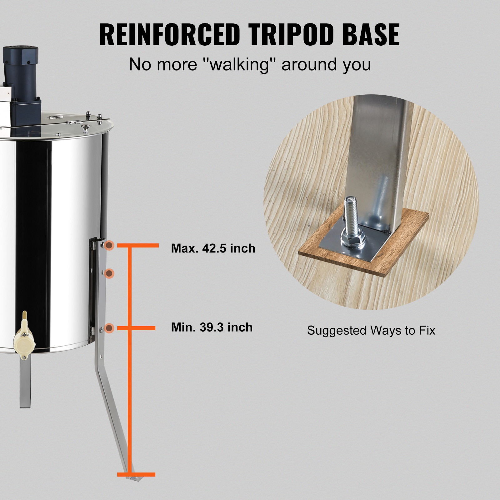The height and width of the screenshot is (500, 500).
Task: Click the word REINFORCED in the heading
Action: click(x=169, y=34)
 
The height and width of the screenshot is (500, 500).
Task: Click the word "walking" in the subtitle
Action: click(x=239, y=65)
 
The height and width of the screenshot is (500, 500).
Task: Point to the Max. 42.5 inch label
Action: click(x=213, y=248)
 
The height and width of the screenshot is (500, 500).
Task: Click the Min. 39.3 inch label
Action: click(x=212, y=327)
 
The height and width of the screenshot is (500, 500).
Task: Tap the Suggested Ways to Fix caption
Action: click(x=371, y=330)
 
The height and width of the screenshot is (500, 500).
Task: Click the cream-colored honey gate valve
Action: click(x=24, y=336)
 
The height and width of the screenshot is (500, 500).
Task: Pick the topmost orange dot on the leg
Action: click(x=109, y=245)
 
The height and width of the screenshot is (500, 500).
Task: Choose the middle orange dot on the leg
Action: click(x=109, y=274)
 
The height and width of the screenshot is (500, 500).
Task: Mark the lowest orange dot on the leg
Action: click(x=109, y=328)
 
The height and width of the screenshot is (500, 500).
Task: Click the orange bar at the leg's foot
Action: click(x=136, y=474)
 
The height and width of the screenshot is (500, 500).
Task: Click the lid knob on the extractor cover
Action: click(x=85, y=128)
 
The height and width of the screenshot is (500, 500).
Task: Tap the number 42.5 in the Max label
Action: click(x=214, y=248)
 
